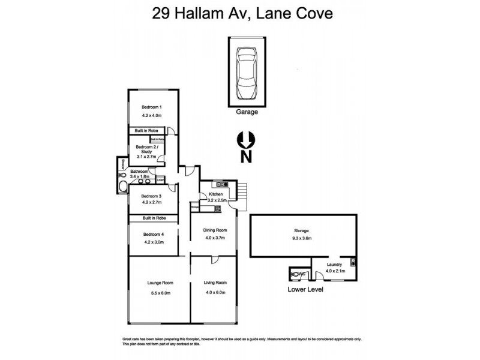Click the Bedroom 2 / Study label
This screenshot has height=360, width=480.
tap(147, 149)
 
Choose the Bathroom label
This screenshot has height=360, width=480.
tap(140, 172)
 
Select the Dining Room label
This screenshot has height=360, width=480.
tap(214, 230)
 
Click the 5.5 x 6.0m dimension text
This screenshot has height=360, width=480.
tap(160, 293)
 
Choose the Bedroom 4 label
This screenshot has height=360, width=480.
tap(153, 234)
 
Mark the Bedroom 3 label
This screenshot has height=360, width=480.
tap(152, 196)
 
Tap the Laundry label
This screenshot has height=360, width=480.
tap(334, 264)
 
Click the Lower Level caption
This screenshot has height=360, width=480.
tap(306, 289)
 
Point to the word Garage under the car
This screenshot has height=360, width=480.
tap(247, 112)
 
